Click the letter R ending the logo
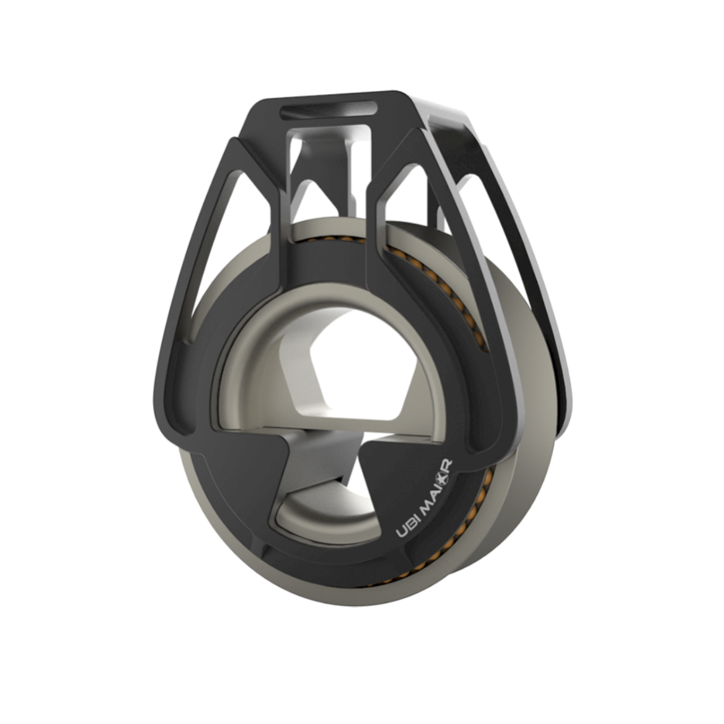pyautogui.click(x=448, y=465)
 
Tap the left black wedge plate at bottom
pyautogui.click(x=248, y=471)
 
